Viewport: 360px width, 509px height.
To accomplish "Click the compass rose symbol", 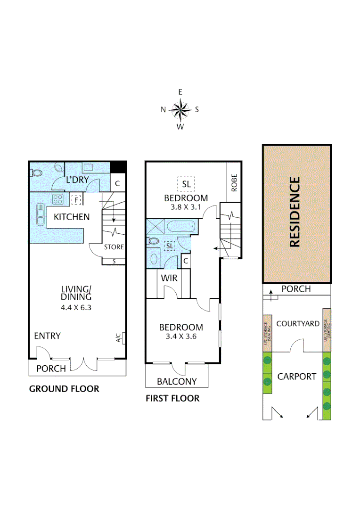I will pyautogui.click(x=180, y=109).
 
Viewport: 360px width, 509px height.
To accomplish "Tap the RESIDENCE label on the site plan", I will pyautogui.click(x=295, y=212).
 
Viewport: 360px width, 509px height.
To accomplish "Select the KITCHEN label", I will pyautogui.click(x=71, y=217).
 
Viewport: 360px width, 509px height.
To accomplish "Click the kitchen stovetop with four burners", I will pyautogui.click(x=58, y=199).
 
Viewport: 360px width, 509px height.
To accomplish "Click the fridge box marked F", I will pyautogui.click(x=75, y=200).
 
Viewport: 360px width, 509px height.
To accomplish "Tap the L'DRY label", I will pyautogui.click(x=78, y=180).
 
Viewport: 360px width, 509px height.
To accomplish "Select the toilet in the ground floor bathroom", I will pyautogui.click(x=37, y=172).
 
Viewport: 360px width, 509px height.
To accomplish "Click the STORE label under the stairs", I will pyautogui.click(x=114, y=247).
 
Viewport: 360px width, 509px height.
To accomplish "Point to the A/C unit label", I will pyautogui.click(x=118, y=337).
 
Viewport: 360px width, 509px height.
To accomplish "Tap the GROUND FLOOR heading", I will pyautogui.click(x=64, y=389).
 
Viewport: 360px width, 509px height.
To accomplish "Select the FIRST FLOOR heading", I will pyautogui.click(x=172, y=398).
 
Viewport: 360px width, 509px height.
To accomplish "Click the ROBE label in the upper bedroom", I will pyautogui.click(x=234, y=182).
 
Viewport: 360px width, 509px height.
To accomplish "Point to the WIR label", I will pyautogui.click(x=169, y=278).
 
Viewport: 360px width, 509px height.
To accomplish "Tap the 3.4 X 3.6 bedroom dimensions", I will pyautogui.click(x=181, y=337).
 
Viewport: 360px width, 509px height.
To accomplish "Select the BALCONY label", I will pyautogui.click(x=177, y=381).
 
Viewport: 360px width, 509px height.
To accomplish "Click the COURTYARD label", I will pyautogui.click(x=298, y=324).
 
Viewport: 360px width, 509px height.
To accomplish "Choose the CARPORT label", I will pyautogui.click(x=296, y=376).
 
